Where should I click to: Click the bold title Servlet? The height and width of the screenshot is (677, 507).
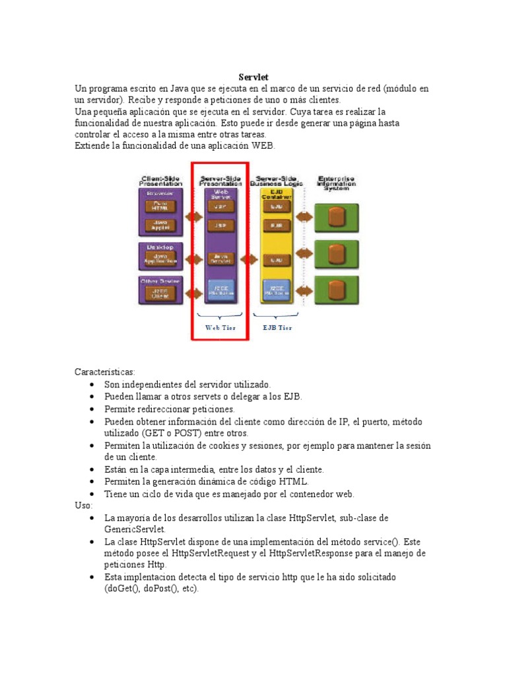click(253, 77)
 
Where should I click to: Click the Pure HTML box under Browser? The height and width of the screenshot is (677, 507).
click(160, 206)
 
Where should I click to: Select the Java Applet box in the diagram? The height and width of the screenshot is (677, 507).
click(160, 225)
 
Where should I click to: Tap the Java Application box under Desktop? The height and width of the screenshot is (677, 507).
click(160, 259)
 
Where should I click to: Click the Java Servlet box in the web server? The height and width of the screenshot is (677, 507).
click(220, 259)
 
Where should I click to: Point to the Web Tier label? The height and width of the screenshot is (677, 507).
click(220, 327)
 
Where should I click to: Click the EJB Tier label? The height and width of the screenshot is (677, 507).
click(277, 327)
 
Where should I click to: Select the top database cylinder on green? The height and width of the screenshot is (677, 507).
click(336, 216)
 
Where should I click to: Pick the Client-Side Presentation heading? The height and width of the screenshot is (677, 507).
click(160, 180)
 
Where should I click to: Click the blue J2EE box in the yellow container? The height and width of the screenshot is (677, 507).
click(277, 290)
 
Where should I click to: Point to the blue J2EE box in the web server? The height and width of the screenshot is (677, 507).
click(220, 290)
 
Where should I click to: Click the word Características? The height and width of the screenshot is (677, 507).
click(104, 372)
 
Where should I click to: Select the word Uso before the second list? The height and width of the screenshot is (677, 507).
click(83, 505)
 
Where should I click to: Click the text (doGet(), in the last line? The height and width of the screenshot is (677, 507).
click(124, 588)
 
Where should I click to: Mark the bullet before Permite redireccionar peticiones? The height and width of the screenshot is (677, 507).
click(91, 409)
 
